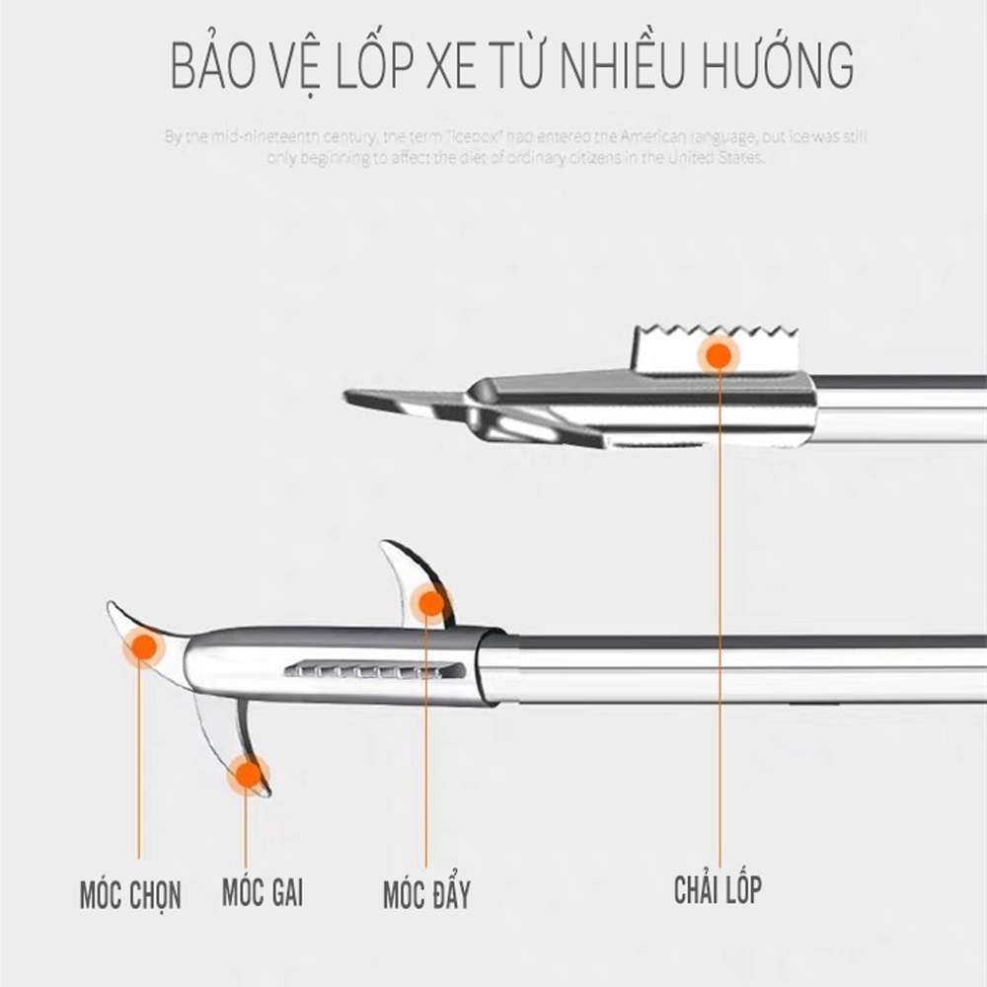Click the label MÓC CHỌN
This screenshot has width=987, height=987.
(130, 896)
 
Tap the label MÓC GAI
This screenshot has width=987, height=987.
(262, 892)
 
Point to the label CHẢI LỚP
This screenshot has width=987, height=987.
(718, 889)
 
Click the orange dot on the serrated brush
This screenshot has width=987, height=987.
(719, 354)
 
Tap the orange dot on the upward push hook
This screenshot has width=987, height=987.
(431, 602)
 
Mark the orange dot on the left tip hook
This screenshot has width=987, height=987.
(144, 646)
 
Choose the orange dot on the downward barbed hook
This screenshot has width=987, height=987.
(248, 774)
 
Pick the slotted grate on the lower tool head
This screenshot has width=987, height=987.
(375, 670)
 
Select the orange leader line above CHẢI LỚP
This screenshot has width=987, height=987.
(720, 612)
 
